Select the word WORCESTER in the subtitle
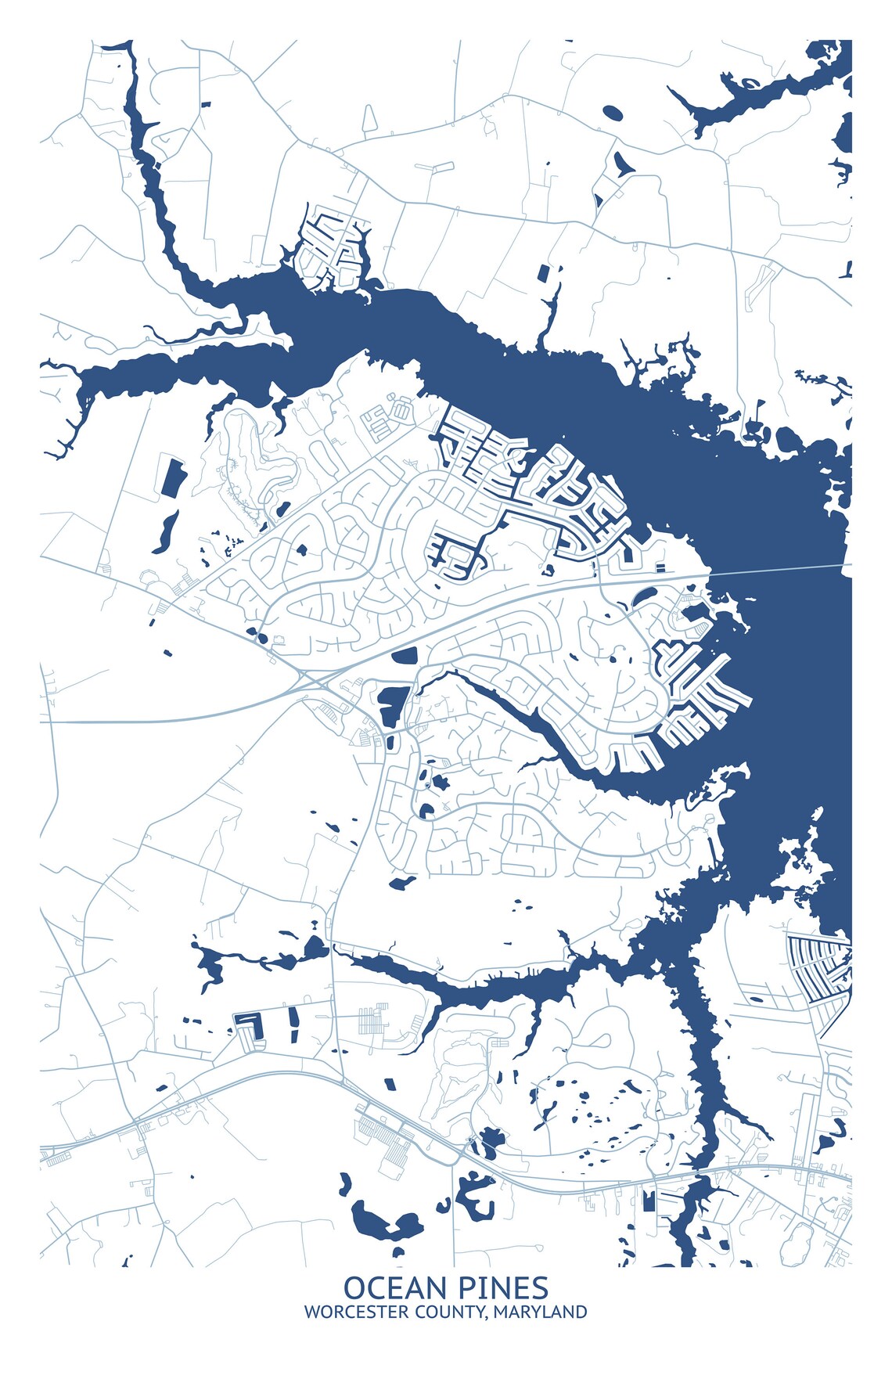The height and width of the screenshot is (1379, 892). click(x=356, y=1312)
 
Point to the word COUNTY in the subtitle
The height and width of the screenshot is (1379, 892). click(x=450, y=1312)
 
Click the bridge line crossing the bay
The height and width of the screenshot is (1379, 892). click(x=782, y=569)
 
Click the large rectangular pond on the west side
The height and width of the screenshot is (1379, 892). click(x=173, y=476)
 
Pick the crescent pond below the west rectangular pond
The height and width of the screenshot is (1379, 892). click(x=165, y=532)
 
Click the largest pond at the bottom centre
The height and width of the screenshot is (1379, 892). click(x=383, y=1219)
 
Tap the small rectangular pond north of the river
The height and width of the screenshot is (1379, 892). click(x=543, y=272)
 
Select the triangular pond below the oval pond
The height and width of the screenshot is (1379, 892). click(x=621, y=164)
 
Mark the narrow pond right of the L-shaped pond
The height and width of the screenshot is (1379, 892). click(x=293, y=1024)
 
